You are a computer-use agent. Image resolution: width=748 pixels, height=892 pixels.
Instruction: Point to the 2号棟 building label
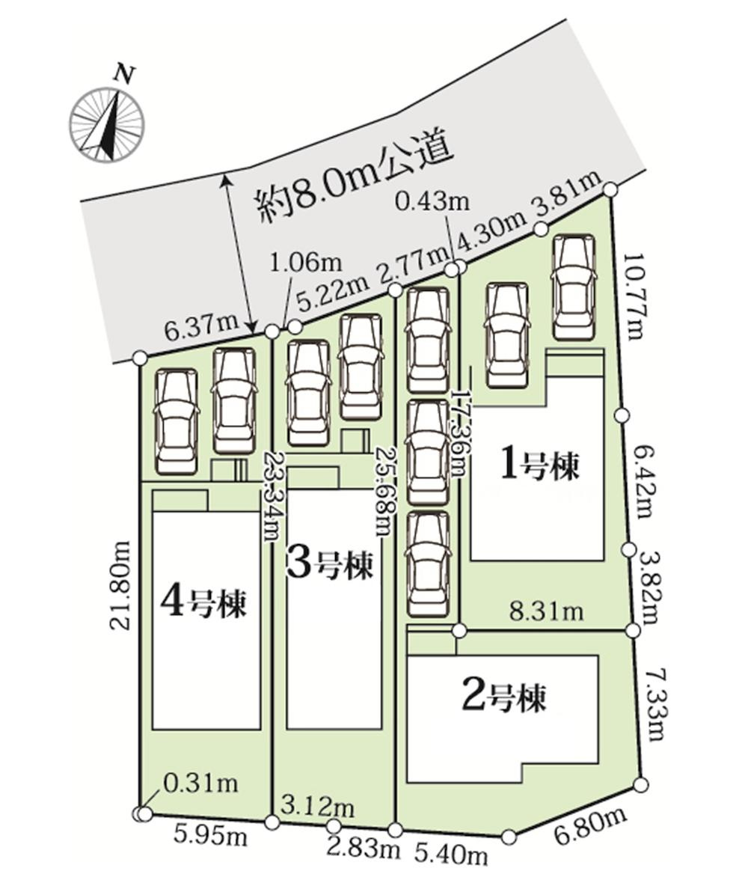[505, 698]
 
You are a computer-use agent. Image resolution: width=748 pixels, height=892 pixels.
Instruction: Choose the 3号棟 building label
[330, 565]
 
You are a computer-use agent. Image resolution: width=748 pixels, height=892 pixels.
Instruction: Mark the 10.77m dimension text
[635, 296]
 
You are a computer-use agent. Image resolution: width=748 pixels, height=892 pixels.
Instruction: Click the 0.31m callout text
[200, 783]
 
